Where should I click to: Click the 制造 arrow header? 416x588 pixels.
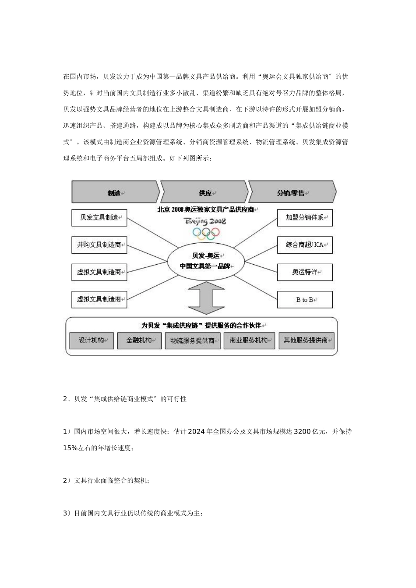115,192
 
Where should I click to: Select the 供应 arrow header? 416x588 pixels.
205,192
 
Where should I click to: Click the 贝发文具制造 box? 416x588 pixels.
99,217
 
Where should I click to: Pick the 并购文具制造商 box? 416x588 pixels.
99,245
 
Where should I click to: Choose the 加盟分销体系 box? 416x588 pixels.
305,217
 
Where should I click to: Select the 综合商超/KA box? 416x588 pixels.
305,245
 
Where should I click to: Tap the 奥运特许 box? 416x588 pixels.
305,272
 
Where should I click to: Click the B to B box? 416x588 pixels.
305,300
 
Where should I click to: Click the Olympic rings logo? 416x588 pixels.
205,233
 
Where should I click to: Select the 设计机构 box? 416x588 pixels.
92,340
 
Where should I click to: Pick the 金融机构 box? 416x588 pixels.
139,340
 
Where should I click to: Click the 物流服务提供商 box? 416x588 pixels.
192,340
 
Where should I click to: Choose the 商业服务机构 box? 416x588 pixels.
249,340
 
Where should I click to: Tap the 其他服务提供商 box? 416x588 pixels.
306,340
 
